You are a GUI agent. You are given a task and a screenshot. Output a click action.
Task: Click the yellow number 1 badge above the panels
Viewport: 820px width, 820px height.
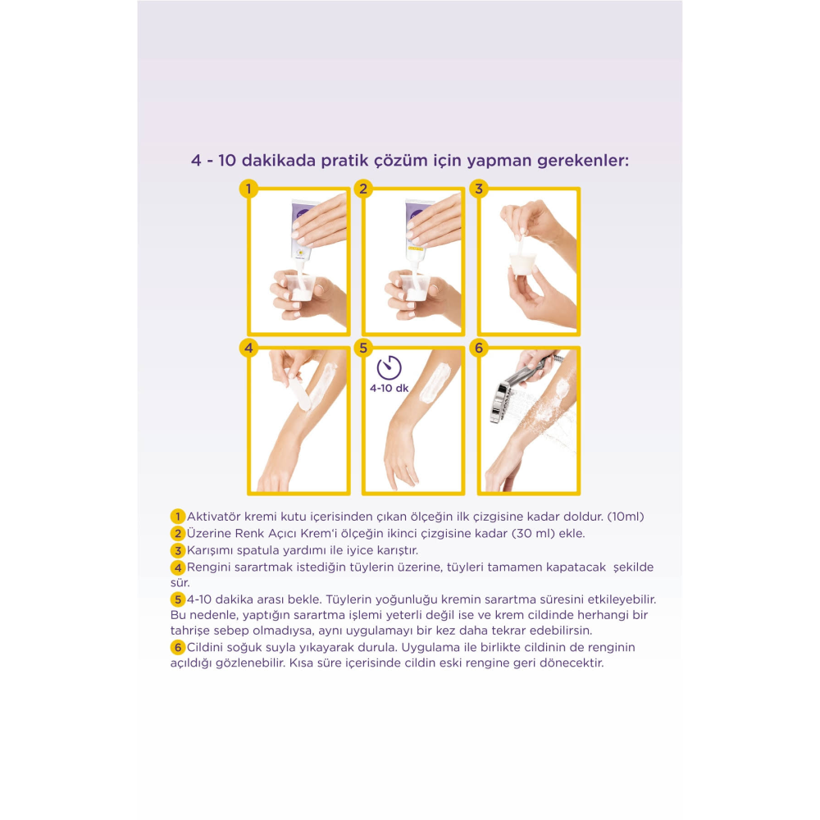click(x=248, y=189)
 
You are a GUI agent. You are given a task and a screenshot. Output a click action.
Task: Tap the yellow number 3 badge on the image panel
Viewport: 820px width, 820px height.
click(x=479, y=189)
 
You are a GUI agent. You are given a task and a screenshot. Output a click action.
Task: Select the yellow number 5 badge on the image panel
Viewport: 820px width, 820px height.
click(x=363, y=348)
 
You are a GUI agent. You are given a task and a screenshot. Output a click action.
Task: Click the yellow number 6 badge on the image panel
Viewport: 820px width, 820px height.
click(x=479, y=348)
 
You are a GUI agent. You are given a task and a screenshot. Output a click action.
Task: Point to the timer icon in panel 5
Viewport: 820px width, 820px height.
click(x=389, y=367)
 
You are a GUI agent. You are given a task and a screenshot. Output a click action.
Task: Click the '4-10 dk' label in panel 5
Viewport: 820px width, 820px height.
click(x=389, y=388)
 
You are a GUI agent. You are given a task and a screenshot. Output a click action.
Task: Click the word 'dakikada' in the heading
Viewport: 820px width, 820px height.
click(x=279, y=161)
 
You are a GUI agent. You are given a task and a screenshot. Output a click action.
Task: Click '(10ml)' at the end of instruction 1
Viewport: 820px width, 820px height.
click(x=626, y=517)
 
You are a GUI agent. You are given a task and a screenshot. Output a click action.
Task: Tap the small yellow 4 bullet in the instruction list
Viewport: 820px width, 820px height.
click(x=178, y=567)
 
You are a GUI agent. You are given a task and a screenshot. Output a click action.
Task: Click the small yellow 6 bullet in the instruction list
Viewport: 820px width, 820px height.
click(x=178, y=648)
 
